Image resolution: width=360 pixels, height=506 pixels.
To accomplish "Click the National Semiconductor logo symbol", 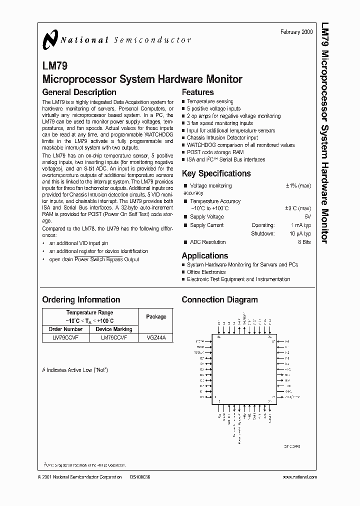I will [50, 39].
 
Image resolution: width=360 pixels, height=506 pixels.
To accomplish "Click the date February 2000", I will [297, 31].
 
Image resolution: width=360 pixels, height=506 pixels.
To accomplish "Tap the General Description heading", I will [79, 92].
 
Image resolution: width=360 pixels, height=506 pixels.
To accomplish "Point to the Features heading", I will [197, 92].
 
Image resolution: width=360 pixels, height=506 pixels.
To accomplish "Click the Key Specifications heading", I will [216, 174].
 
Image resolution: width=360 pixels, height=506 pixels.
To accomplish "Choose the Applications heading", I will [204, 255].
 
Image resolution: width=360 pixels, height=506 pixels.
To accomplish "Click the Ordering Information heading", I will [81, 300].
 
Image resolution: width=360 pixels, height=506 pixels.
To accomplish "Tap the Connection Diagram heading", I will [219, 300].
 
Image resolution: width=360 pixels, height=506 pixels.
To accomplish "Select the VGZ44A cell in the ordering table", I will [156, 338].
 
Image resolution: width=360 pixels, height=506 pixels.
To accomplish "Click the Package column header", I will [156, 316].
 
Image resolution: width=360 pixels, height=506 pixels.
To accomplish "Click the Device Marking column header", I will [114, 329].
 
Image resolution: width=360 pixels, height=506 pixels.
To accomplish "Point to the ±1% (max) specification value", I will [298, 185].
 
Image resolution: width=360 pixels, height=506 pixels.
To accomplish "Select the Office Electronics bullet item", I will [206, 272].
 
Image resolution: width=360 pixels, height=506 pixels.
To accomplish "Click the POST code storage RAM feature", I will [215, 152].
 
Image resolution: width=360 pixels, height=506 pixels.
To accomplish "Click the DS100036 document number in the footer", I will [139, 477].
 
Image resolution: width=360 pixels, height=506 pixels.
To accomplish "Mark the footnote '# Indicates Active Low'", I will [75, 370].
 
